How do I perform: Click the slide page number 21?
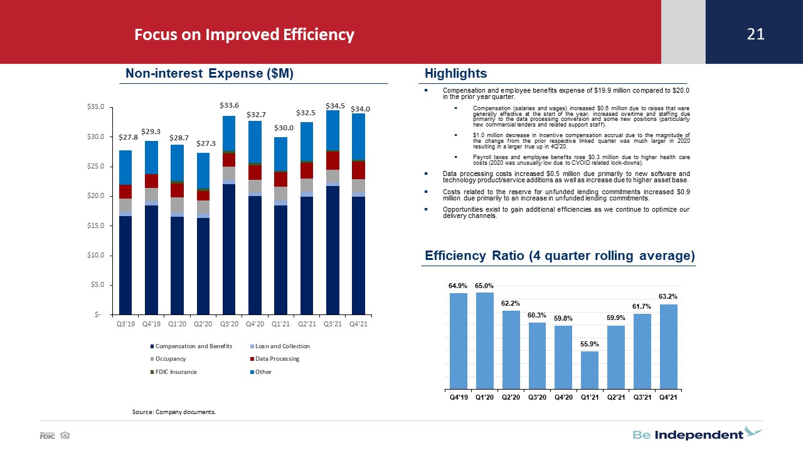pos(755,34)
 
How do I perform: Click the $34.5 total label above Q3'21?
pos(335,106)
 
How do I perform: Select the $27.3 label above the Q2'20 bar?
pos(206,143)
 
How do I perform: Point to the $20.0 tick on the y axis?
pos(95,196)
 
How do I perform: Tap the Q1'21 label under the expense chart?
pos(280,324)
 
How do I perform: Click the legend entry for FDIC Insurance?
pos(174,372)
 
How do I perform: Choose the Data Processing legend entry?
pos(275,359)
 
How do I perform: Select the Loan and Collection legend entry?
pos(280,346)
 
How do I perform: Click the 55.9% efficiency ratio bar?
pos(589,370)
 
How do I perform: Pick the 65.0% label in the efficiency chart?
pos(484,286)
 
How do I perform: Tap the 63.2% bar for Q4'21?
pos(669,346)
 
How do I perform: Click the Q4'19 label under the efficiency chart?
pos(459,397)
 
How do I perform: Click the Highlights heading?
pos(455,73)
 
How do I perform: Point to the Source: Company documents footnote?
pos(174,412)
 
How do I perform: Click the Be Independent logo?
pos(697,433)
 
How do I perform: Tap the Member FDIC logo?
pos(55,435)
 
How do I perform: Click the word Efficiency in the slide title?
pos(318,34)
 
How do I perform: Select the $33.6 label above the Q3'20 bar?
pos(229,105)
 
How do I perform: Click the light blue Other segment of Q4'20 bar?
pos(255,142)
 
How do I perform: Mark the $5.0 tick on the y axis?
pos(97,285)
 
